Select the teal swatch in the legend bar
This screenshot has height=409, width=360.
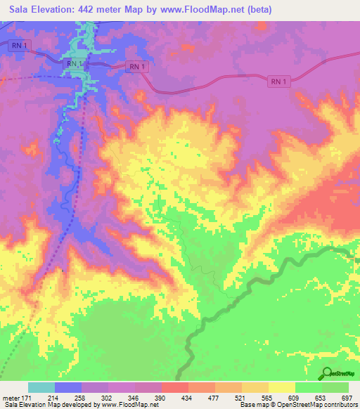(x=41, y=388)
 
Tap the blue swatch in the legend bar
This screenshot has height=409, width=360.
(x=68, y=388)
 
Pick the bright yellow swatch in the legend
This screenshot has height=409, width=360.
(x=281, y=388)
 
